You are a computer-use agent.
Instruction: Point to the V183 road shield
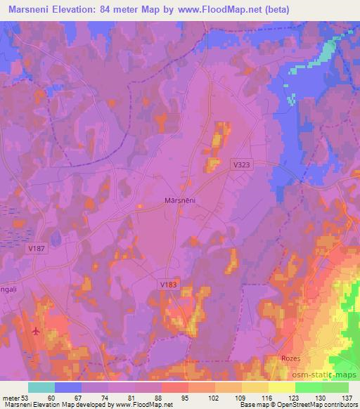[167, 284]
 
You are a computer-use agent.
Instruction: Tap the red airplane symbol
[36, 330]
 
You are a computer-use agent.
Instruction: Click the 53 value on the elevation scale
[27, 398]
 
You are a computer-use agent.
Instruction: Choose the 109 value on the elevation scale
[240, 398]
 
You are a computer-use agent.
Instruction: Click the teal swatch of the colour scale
[41, 387]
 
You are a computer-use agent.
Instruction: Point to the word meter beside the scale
[11, 398]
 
